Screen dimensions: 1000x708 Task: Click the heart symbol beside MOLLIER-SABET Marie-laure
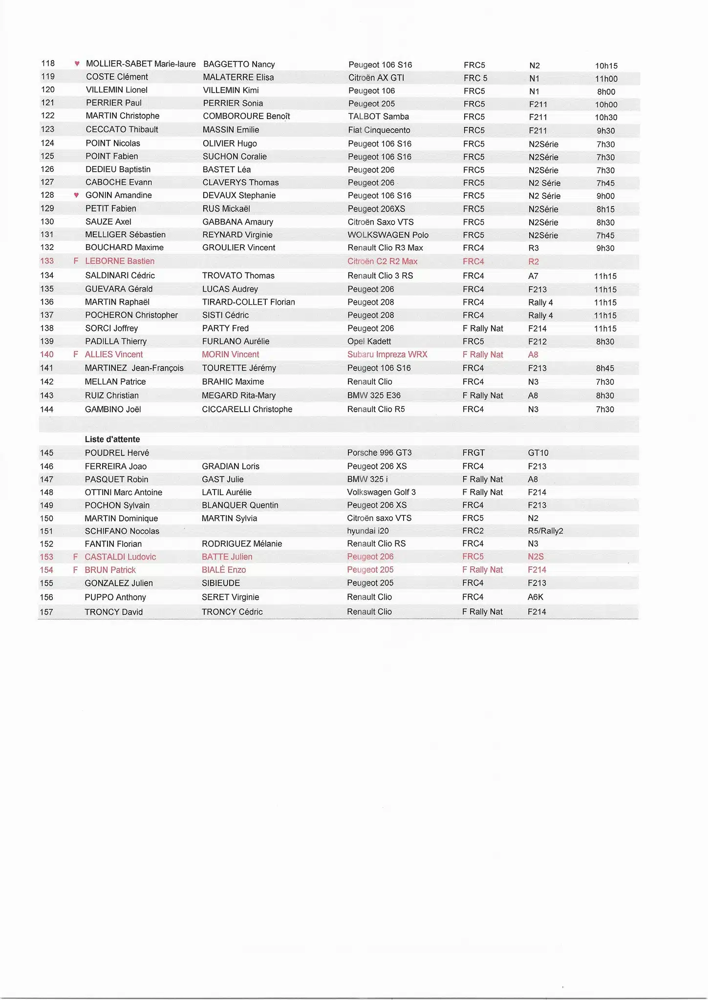pyautogui.click(x=77, y=63)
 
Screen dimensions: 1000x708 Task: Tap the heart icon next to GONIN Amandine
pyautogui.click(x=76, y=195)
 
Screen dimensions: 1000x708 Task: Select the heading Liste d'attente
pyautogui.click(x=112, y=439)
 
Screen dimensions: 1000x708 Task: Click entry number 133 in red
pyautogui.click(x=47, y=261)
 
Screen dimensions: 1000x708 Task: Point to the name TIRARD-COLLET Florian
pyautogui.click(x=248, y=302)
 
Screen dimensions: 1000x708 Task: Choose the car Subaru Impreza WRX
pyautogui.click(x=387, y=354)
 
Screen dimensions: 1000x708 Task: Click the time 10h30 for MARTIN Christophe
pyautogui.click(x=606, y=118)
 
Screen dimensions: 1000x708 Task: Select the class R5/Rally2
pyautogui.click(x=545, y=531)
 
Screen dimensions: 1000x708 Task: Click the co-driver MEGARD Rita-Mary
pyautogui.click(x=238, y=396)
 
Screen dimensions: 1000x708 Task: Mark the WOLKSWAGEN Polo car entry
pyautogui.click(x=388, y=235)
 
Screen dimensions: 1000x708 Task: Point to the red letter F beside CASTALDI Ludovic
pyautogui.click(x=75, y=557)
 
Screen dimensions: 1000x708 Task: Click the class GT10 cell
pyautogui.click(x=538, y=453)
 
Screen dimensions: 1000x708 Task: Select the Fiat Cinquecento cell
pyautogui.click(x=379, y=130)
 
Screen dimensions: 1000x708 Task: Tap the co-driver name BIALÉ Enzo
pyautogui.click(x=224, y=570)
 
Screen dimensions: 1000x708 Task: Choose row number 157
pyautogui.click(x=46, y=612)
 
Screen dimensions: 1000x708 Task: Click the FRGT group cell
pyautogui.click(x=473, y=453)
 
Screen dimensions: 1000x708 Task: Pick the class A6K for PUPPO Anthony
pyautogui.click(x=536, y=597)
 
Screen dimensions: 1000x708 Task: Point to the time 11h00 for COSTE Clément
pyautogui.click(x=606, y=79)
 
